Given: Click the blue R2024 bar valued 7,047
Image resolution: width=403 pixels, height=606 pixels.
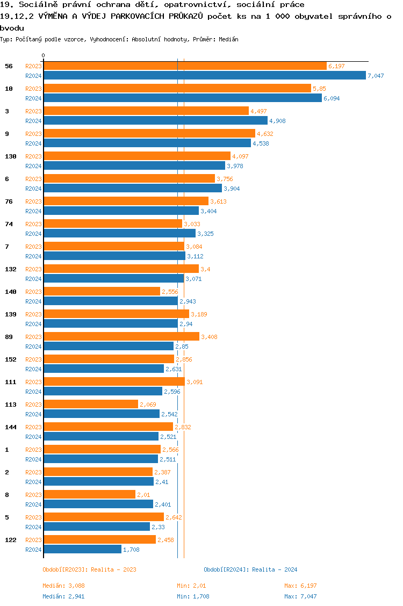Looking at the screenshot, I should pos(204,76).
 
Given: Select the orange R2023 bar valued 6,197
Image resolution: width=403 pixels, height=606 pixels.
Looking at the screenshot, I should pos(185,66).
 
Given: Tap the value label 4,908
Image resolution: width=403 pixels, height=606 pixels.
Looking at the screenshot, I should pos(277,121).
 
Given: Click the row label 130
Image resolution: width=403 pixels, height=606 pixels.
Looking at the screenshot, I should pos(11,156).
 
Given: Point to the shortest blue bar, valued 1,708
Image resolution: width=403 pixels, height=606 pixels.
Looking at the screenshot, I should pos(82,550).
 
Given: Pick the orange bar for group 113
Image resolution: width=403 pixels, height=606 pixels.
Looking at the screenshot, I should pos(91,404).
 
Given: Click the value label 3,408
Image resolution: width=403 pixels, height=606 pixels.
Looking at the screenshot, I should pos(209,337).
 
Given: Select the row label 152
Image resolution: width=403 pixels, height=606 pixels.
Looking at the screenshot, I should pos(11,359).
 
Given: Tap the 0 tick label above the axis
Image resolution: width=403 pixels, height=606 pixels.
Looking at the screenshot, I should pos(44,55).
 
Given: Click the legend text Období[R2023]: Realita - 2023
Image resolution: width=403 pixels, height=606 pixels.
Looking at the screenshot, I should pos(89,569).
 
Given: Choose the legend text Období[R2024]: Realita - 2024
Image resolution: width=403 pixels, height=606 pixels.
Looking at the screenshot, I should pos(250,569).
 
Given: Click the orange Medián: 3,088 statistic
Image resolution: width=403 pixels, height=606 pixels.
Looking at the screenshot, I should pos(64,586).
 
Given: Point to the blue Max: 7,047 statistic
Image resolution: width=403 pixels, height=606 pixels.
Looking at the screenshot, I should pos(300,596).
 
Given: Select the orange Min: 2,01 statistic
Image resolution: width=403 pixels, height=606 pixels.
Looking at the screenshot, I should pos(191,586).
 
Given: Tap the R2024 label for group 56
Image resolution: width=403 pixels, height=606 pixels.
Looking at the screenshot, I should pos(33,76).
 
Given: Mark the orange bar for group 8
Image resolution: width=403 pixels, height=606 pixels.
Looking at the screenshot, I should pos(89,494).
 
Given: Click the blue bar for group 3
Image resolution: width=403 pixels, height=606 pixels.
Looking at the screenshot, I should pos(155,121).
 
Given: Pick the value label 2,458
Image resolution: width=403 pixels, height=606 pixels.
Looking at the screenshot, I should pos(165,540).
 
